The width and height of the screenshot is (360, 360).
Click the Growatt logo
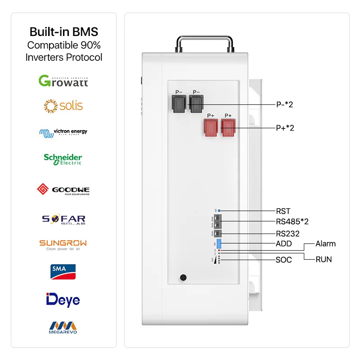pos(63,81)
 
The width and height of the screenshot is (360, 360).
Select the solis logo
pos(63,106)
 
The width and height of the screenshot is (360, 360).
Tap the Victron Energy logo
pos(63,132)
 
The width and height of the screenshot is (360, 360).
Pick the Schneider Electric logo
pos(63,159)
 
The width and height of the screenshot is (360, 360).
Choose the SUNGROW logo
pos(63,245)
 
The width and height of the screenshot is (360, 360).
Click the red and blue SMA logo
pos(63,271)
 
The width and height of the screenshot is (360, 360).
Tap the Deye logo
pos(63,299)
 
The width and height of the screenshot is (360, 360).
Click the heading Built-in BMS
pos(63,32)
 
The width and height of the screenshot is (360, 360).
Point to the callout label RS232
pos(288,234)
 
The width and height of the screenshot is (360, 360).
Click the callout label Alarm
pos(325,243)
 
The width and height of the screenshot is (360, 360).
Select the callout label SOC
pos(283,260)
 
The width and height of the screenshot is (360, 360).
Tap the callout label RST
pos(283,211)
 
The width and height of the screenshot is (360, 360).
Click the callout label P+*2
pos(285,128)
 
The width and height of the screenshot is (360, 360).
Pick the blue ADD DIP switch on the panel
pos(219,243)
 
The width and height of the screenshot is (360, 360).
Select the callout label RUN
pos(324,259)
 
